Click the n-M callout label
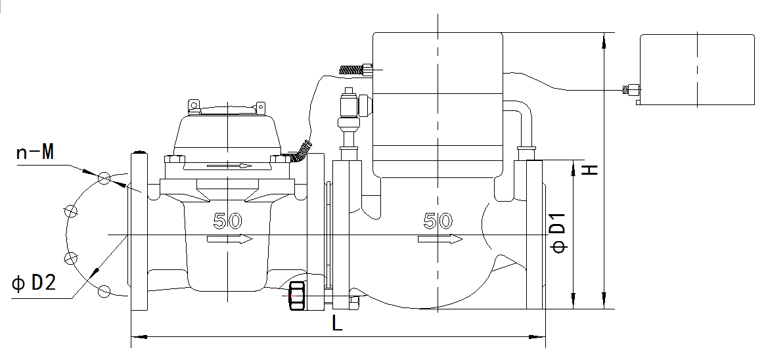(34, 154)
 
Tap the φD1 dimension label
(557, 235)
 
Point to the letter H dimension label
(591, 169)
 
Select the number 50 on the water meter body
(228, 221)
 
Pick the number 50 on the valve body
(438, 221)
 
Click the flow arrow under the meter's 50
(229, 240)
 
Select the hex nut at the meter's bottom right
(296, 297)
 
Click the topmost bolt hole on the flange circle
(104, 178)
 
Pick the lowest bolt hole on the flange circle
(104, 290)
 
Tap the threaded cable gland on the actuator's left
(355, 68)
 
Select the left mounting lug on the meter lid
(194, 106)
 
